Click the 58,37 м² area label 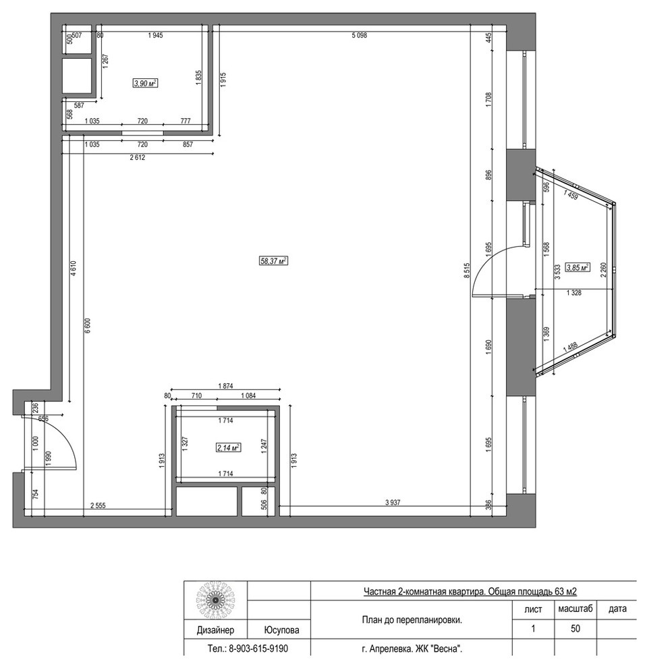[273, 260]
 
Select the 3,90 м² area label [145, 84]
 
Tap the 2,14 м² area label [229, 447]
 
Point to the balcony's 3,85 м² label [577, 268]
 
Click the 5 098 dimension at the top [359, 35]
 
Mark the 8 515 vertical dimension [466, 271]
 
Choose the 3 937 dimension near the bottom [393, 502]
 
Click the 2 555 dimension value [98, 505]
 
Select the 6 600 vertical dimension [87, 326]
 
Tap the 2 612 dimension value [137, 157]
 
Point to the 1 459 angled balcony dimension [570, 195]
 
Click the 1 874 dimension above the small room [225, 386]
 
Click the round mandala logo [215, 600]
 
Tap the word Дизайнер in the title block [215, 630]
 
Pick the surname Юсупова [281, 630]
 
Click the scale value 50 [575, 628]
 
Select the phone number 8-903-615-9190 [258, 648]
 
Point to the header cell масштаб [575, 609]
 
